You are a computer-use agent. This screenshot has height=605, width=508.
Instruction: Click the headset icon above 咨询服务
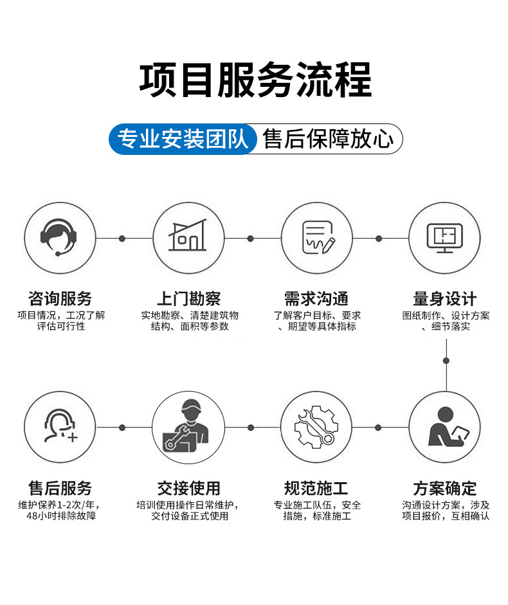click(60, 237)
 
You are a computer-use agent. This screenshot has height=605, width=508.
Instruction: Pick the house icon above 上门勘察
click(188, 237)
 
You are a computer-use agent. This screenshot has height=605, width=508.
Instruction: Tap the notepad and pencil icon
click(317, 237)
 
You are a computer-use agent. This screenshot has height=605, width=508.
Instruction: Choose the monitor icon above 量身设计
click(445, 237)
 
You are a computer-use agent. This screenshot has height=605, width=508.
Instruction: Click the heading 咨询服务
click(60, 298)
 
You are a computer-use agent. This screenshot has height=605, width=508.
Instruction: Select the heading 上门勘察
click(189, 298)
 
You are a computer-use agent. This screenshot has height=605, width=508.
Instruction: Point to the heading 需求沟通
click(316, 298)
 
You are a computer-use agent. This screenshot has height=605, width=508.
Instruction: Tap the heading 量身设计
click(445, 298)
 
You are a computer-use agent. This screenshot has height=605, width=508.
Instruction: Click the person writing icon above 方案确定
click(445, 427)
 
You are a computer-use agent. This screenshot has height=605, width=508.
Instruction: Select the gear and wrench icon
click(317, 427)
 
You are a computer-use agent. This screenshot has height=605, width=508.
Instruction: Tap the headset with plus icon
click(60, 427)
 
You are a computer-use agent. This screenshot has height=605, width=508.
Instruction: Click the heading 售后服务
click(60, 488)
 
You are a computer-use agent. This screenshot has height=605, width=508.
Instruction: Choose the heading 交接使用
click(189, 488)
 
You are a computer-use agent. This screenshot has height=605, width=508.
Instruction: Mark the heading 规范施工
click(316, 488)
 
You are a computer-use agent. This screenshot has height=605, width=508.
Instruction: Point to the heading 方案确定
click(445, 488)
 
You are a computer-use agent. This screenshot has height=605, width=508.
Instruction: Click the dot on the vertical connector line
click(446, 360)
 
